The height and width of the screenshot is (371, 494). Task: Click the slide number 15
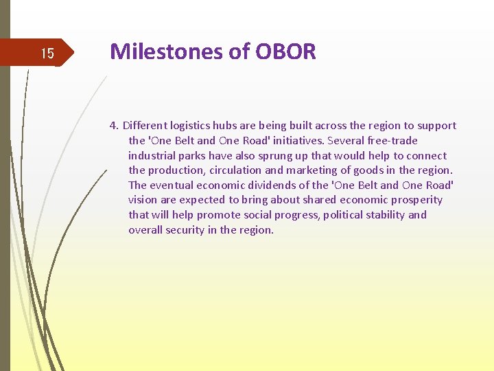pos(47,54)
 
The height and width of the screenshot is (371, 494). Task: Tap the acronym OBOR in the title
pos(285,52)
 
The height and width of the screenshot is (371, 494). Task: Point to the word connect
pos(425,156)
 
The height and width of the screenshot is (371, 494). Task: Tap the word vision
pos(142,200)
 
